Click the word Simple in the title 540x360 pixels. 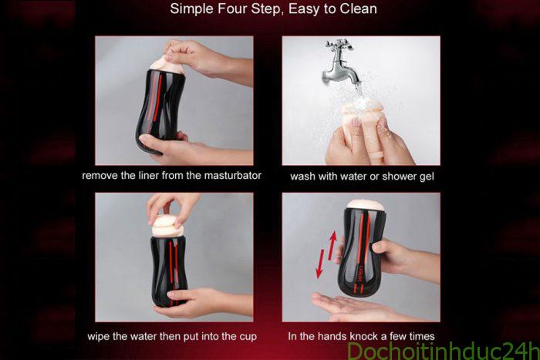(x=191, y=9)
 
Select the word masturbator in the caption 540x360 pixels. (x=232, y=176)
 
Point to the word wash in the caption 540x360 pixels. (x=302, y=177)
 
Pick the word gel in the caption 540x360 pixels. (x=427, y=177)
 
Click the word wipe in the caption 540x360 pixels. (x=98, y=336)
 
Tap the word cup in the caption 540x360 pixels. (x=248, y=337)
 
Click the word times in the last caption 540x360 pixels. (x=420, y=336)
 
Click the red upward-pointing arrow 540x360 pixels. (x=332, y=245)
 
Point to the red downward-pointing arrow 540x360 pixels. (x=320, y=264)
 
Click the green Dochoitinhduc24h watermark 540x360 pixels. (x=443, y=351)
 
